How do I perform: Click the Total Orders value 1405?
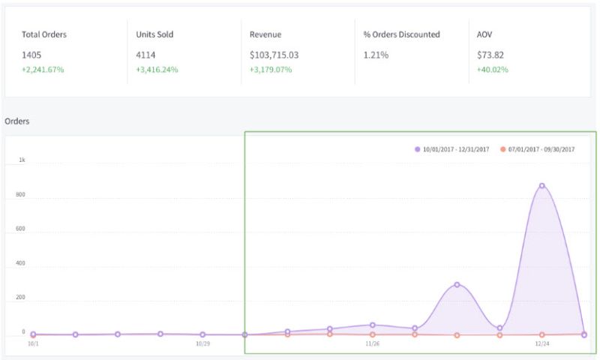[x=31, y=55]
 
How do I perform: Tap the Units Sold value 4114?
[x=145, y=55]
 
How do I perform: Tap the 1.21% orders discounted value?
[x=376, y=55]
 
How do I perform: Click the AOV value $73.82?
[x=491, y=55]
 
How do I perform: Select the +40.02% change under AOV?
[x=493, y=70]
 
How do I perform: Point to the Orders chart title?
[x=16, y=121]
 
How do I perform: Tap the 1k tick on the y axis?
[x=22, y=160]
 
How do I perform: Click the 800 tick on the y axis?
[x=21, y=195]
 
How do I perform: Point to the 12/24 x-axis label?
[x=542, y=343]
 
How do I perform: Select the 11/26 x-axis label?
[x=372, y=343]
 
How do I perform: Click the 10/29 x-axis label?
[x=202, y=343]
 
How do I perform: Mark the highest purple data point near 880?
[x=541, y=186]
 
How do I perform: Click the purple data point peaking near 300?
[x=457, y=285]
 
